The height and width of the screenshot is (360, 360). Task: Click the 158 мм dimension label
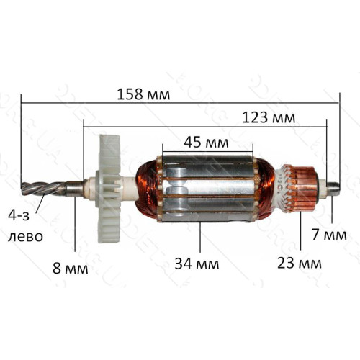pyautogui.click(x=143, y=94)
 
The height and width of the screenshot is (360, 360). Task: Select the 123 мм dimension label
pyautogui.click(x=269, y=118)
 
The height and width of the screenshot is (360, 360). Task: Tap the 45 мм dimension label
pyautogui.click(x=206, y=143)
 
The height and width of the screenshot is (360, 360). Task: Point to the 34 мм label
pyautogui.click(x=197, y=264)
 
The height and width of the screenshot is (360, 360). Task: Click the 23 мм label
pyautogui.click(x=300, y=263)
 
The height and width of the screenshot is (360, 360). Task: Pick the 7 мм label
pyautogui.click(x=329, y=235)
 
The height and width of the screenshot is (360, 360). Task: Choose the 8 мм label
pyautogui.click(x=71, y=268)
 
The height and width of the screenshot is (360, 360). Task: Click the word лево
pyautogui.click(x=25, y=236)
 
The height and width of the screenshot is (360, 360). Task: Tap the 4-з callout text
pyautogui.click(x=19, y=215)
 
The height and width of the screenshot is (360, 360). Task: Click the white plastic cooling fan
pyautogui.click(x=109, y=189)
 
